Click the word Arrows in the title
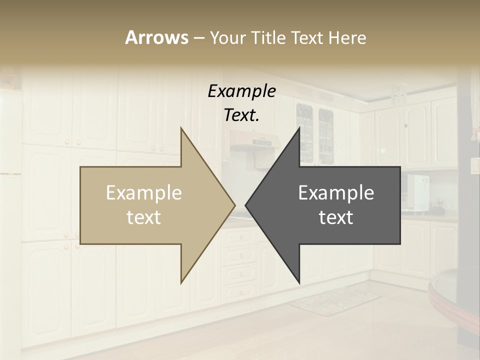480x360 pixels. tap(156, 37)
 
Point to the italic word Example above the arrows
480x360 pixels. tap(241, 91)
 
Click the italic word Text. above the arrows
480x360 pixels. tap(241, 115)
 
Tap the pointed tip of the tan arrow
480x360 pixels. tap(233, 205)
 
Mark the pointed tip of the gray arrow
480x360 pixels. tap(247, 205)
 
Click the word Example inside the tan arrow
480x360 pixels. tap(144, 193)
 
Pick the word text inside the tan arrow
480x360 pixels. tap(144, 217)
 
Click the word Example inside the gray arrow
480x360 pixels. tap(336, 193)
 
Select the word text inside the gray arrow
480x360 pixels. tap(336, 217)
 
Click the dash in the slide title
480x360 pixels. tap(198, 38)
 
